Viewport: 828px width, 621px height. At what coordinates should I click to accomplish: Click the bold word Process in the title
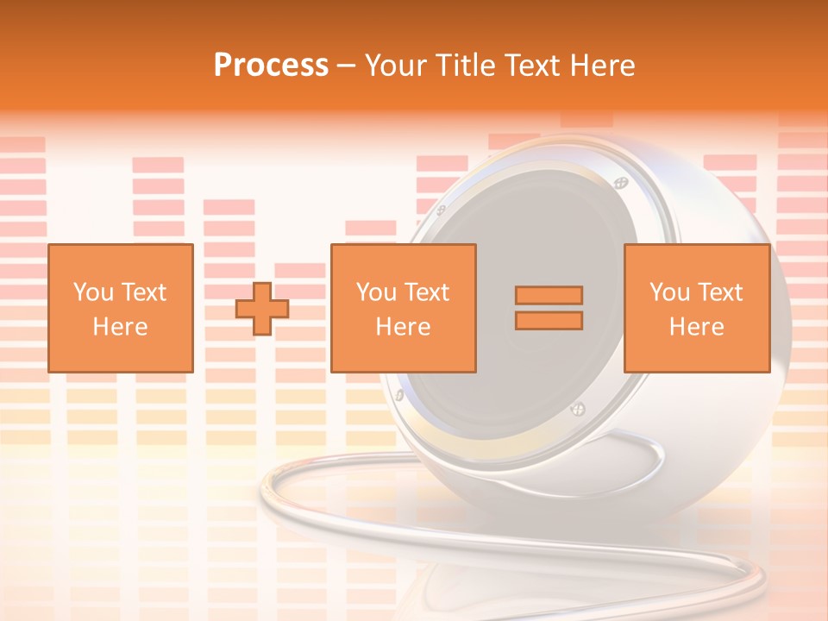(x=271, y=66)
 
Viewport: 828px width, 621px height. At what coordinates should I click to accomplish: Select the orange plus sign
(x=262, y=308)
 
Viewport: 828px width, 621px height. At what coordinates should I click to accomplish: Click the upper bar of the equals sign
(x=549, y=295)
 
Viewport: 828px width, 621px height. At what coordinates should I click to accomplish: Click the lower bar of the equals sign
(x=549, y=321)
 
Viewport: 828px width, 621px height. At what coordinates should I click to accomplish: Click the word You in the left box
(x=92, y=292)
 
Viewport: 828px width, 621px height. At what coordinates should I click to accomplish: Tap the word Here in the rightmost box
(x=697, y=327)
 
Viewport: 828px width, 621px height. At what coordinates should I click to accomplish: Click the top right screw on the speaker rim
(x=620, y=183)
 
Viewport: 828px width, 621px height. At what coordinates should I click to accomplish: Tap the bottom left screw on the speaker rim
(x=399, y=395)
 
